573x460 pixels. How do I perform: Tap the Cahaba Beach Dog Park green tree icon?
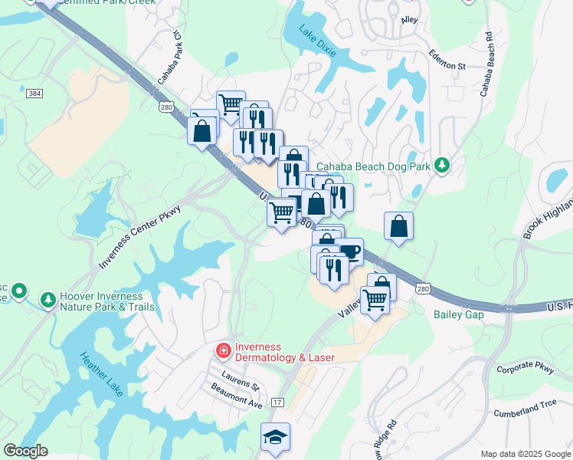tap(441, 164)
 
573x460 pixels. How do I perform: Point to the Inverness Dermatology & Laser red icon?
tap(223, 351)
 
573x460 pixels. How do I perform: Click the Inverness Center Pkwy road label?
tap(139, 237)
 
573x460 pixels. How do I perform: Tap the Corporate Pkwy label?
tap(525, 368)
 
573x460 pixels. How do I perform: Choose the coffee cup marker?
tap(349, 251)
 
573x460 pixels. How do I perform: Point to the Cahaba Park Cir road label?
tap(169, 58)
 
